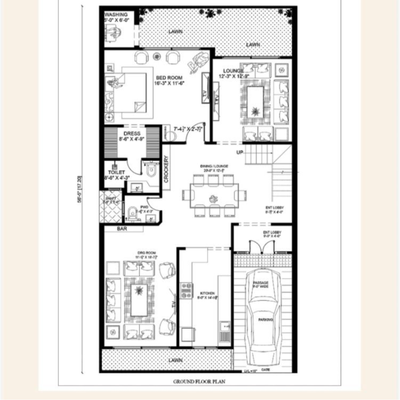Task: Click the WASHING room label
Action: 116,15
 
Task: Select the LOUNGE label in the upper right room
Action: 233,70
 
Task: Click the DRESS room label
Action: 132,134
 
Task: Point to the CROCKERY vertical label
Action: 166,169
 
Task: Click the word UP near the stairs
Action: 239,152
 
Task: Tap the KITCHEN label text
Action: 207,294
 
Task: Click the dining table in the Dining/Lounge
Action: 213,196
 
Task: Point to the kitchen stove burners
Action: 186,291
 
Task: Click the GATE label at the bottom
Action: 265,370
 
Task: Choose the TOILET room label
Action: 116,172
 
